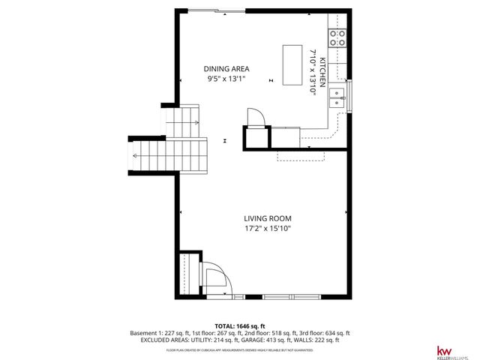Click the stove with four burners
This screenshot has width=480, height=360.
point(337,38)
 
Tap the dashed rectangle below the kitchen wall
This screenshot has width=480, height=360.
point(300,154)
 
